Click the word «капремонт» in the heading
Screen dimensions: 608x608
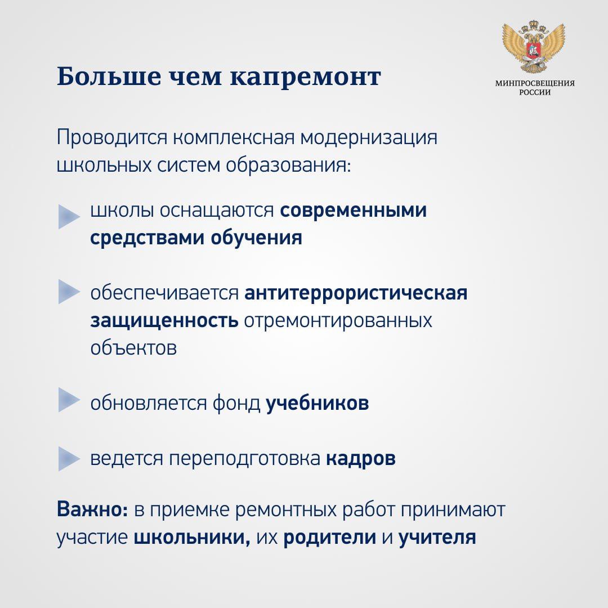tap(306, 77)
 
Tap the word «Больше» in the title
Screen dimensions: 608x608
tap(109, 76)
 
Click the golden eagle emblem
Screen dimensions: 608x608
tap(534, 47)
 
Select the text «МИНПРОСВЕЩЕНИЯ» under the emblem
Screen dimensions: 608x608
tap(535, 83)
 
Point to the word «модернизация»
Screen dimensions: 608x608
tap(369, 138)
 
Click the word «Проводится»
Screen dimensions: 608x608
tap(112, 138)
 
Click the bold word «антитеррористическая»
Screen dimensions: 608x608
tap(356, 293)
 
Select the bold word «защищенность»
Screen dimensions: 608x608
tap(164, 321)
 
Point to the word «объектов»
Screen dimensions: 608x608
tap(133, 348)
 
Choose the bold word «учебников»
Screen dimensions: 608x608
tap(317, 403)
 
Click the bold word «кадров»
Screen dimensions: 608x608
tap(361, 458)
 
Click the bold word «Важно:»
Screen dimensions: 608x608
tap(92, 509)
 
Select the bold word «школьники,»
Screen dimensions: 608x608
tap(192, 538)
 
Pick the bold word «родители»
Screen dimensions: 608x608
tap(329, 538)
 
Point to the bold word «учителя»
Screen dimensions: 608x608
tap(437, 538)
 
